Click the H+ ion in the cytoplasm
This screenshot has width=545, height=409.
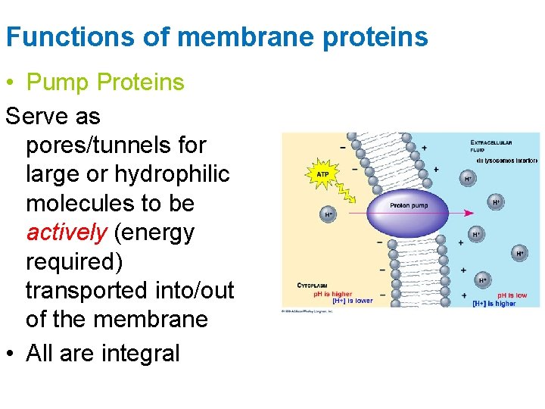click(329, 214)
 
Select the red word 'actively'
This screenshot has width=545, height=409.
click(67, 233)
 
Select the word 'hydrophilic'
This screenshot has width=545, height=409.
click(171, 174)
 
